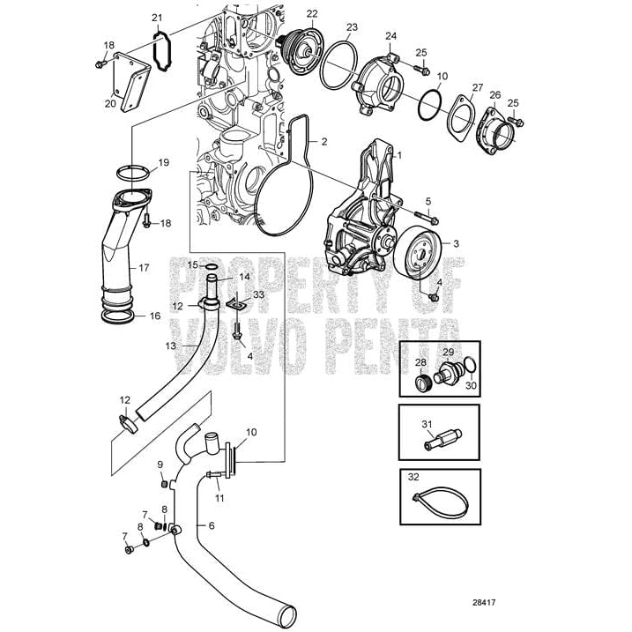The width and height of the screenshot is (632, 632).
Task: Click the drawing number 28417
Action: [x=484, y=603]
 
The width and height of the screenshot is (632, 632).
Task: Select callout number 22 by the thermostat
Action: [x=311, y=13]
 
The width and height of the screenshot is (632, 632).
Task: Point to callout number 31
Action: [x=426, y=424]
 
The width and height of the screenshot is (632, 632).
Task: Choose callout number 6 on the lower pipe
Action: [x=212, y=525]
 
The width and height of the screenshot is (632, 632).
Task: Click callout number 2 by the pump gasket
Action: [x=324, y=141]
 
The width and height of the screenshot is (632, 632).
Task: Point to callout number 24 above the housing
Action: [x=391, y=35]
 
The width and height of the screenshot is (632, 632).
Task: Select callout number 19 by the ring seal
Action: [x=163, y=163]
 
